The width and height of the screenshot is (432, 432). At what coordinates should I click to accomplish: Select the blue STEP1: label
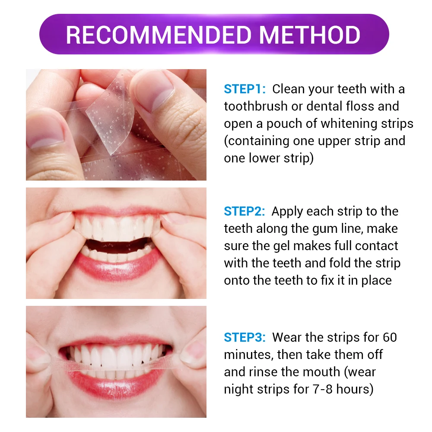pos(244,89)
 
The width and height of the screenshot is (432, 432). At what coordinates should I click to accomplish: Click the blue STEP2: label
pos(244,212)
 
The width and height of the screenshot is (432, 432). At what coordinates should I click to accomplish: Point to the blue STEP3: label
pos(244,337)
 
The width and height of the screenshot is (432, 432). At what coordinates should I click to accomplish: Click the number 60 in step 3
pos(390,337)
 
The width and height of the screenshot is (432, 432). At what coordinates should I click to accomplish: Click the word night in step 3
pos(238,389)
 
